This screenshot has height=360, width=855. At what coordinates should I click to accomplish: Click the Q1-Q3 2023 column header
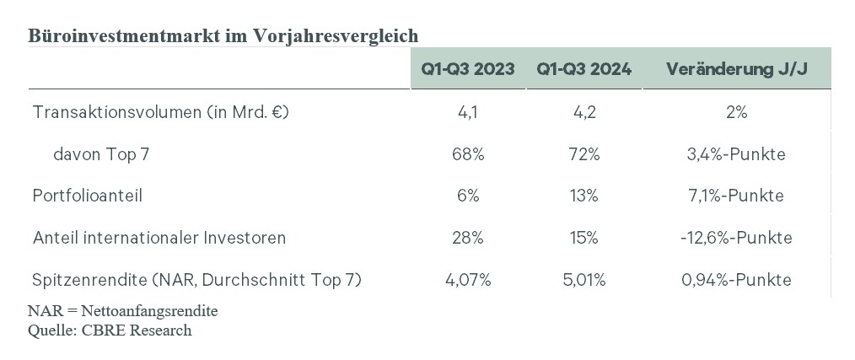coord(467,69)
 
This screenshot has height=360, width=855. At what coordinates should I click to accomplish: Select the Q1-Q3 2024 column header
coord(584,69)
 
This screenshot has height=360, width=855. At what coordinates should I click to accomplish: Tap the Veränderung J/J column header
coord(737,69)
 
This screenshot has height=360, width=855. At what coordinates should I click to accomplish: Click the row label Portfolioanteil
coord(87,196)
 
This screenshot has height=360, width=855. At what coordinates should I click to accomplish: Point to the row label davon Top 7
coord(101,154)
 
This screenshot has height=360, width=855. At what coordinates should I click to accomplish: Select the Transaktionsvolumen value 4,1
coord(468,112)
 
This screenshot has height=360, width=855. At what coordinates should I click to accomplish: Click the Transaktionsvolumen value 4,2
coord(584,112)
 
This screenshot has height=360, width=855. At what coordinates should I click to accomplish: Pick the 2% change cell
coord(737,112)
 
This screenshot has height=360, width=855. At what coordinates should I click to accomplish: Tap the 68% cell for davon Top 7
coord(468,154)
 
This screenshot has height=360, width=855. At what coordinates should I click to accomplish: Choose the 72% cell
coord(584,154)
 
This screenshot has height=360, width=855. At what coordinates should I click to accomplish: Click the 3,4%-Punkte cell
coord(737,154)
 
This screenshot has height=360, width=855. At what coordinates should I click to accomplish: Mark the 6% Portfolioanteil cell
coord(468,196)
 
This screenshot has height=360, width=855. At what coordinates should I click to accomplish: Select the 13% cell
coord(584,196)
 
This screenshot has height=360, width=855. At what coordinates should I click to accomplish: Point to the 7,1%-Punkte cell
coord(737,196)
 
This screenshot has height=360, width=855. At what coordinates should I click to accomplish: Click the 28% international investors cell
coord(468,238)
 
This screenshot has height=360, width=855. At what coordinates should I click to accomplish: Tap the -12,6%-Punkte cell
coord(737,238)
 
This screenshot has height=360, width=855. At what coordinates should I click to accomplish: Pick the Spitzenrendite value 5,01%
coord(584,280)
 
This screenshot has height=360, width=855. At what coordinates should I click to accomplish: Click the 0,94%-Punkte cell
coord(737,280)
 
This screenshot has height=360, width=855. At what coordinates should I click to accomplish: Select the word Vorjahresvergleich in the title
coord(336,36)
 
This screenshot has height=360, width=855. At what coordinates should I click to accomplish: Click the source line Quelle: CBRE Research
coord(110,330)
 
